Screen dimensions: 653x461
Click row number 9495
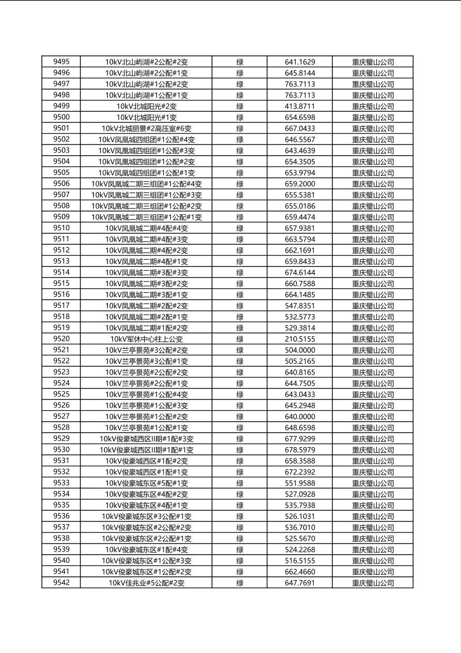tap(61, 62)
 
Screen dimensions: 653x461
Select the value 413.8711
tap(300, 106)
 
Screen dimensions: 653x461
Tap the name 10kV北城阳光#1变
tap(146, 117)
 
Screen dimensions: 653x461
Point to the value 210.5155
tap(300, 339)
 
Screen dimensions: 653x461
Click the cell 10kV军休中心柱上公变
tap(146, 339)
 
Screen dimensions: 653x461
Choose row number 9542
tap(61, 583)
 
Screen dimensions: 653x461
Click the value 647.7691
tap(300, 583)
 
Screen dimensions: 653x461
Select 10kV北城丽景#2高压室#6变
tap(146, 128)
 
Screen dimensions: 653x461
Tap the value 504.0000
tap(300, 350)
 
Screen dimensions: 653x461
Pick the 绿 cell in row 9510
tap(240, 228)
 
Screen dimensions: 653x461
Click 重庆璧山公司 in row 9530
tap(373, 450)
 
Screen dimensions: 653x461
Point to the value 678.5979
tap(300, 450)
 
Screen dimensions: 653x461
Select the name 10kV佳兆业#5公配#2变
tap(146, 583)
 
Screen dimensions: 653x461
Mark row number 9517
tap(61, 306)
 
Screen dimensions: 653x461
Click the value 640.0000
tap(300, 417)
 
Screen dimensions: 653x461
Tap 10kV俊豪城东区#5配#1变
tap(146, 483)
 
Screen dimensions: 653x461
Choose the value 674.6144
tap(300, 273)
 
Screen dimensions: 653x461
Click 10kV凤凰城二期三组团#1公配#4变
tap(146, 184)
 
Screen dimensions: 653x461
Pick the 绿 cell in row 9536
tap(240, 516)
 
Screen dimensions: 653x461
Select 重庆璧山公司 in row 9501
tap(373, 128)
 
